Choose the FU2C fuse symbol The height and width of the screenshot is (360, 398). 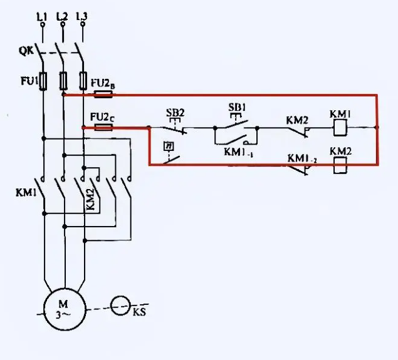click(x=103, y=127)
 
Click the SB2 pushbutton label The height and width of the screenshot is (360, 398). click(x=175, y=113)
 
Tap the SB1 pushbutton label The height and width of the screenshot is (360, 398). click(x=236, y=108)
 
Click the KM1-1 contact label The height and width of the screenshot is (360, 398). click(x=238, y=152)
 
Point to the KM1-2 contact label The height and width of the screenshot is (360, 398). click(x=301, y=159)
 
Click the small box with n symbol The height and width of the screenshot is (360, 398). click(x=167, y=147)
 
